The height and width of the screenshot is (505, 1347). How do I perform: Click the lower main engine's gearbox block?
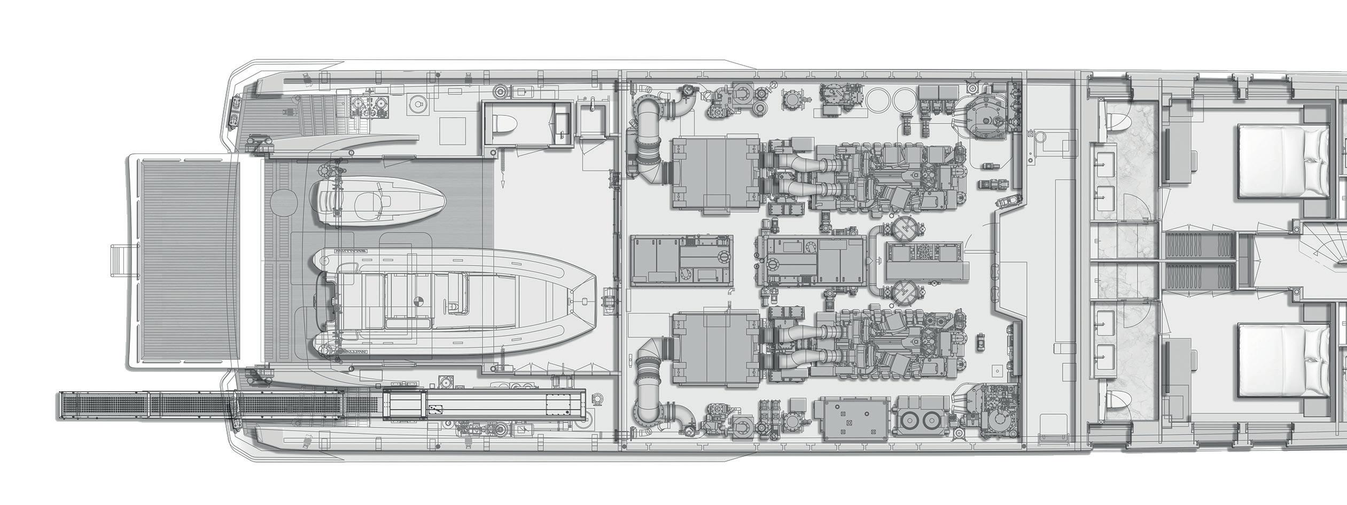point(715,349)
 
